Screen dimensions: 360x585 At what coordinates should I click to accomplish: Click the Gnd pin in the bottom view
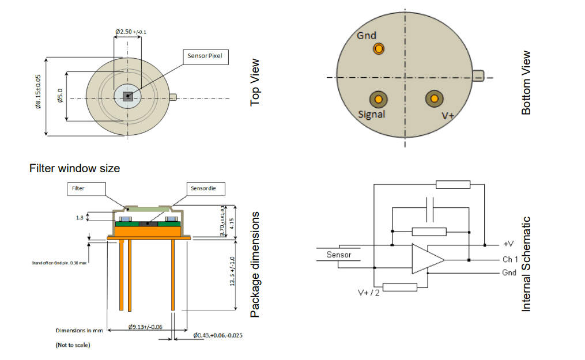[378, 49]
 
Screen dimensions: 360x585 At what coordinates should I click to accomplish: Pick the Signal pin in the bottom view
[378, 99]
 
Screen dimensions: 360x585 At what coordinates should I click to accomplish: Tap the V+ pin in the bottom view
[433, 99]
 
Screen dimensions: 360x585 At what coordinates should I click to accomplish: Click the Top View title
[255, 82]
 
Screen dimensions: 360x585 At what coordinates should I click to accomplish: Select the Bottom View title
[526, 82]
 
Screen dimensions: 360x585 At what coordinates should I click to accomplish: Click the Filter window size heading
[74, 168]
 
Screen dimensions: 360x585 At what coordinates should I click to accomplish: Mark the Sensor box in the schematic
[339, 255]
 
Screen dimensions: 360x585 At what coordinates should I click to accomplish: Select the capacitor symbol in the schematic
[429, 210]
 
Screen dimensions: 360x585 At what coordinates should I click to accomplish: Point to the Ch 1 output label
[511, 260]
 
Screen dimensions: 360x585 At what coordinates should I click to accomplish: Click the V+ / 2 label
[368, 293]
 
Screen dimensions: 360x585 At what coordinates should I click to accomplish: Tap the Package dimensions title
[255, 264]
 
